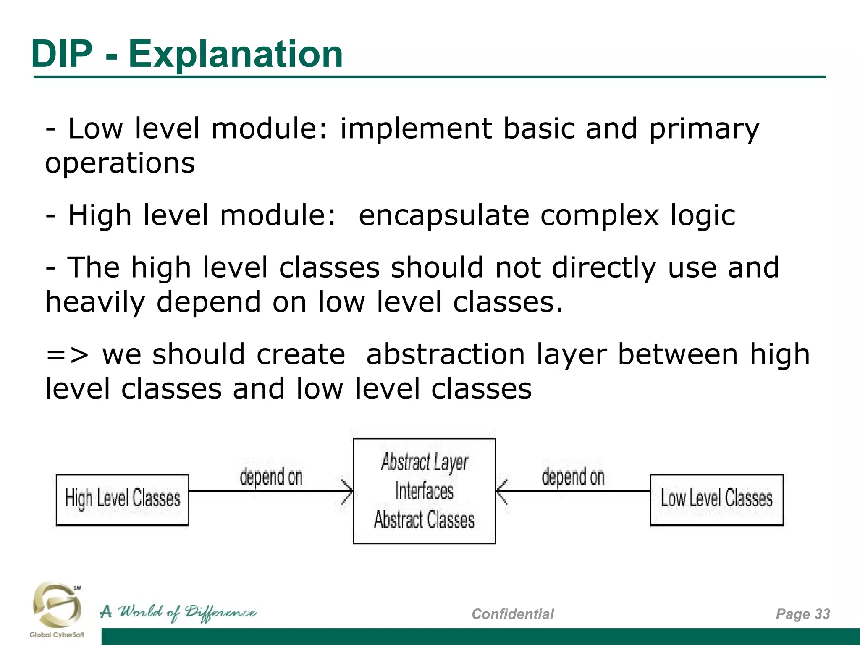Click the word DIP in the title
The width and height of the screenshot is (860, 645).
tap(62, 54)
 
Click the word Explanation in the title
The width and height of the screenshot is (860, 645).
tap(236, 55)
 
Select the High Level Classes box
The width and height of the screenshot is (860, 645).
tap(122, 499)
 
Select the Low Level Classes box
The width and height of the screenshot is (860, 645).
tap(716, 499)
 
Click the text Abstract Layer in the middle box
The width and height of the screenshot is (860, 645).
tap(424, 462)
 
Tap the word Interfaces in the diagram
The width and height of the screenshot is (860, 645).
tap(424, 491)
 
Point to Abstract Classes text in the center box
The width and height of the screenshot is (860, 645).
tap(424, 520)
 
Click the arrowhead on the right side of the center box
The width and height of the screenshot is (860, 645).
tap(501, 491)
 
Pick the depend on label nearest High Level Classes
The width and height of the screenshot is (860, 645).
tap(271, 477)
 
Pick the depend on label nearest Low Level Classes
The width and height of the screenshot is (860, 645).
tap(573, 477)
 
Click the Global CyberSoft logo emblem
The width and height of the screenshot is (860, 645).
tap(57, 605)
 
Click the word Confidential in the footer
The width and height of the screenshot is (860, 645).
tap(512, 614)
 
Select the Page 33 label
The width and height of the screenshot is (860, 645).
tap(802, 614)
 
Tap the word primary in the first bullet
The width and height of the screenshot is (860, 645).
tap(704, 129)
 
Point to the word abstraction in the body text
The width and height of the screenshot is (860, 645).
tap(446, 354)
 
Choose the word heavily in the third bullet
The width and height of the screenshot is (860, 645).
tap(95, 303)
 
